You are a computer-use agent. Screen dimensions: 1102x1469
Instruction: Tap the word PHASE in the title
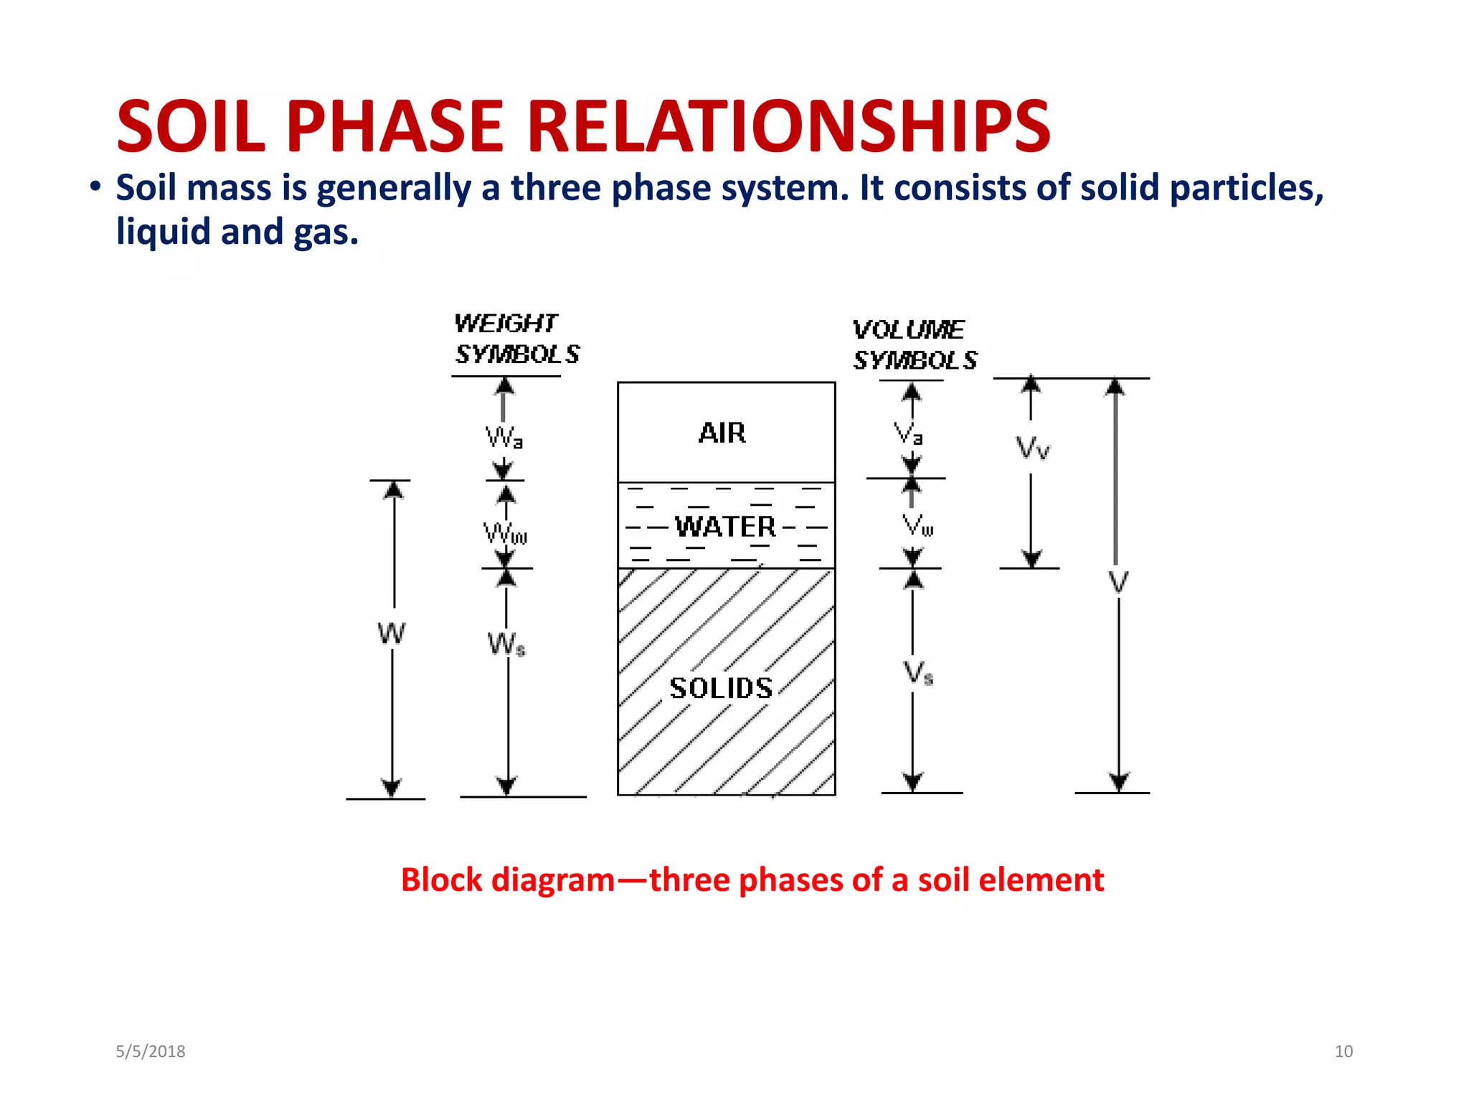[x=395, y=127]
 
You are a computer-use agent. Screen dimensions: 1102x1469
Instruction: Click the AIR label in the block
[x=722, y=433]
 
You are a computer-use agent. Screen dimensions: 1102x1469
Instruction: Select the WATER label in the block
[x=725, y=527]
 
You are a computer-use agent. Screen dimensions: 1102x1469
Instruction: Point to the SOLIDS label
[x=721, y=689]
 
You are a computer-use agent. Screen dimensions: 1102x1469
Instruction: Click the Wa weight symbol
[x=504, y=437]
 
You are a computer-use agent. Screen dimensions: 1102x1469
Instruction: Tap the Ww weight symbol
[x=505, y=534]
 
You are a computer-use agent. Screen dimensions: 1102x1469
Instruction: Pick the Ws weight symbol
[x=506, y=644]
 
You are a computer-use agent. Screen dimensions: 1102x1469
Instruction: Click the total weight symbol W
[x=392, y=634]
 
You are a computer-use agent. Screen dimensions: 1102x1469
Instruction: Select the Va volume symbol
[x=909, y=434]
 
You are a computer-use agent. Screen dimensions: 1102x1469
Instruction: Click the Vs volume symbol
[x=918, y=674]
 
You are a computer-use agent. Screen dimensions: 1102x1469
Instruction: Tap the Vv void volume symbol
[x=1033, y=448]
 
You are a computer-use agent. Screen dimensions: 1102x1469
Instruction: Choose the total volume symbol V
[x=1118, y=582]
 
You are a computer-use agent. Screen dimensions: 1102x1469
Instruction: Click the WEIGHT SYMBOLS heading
[x=516, y=339]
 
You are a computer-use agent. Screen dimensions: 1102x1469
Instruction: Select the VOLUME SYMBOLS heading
[x=915, y=345]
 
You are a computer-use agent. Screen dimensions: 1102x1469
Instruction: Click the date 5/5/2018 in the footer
[x=151, y=1052]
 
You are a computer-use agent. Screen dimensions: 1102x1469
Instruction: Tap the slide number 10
[x=1343, y=1052]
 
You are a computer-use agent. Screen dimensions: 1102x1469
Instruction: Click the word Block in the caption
[x=441, y=880]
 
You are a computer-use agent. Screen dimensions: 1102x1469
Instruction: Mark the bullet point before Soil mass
[x=95, y=188]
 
